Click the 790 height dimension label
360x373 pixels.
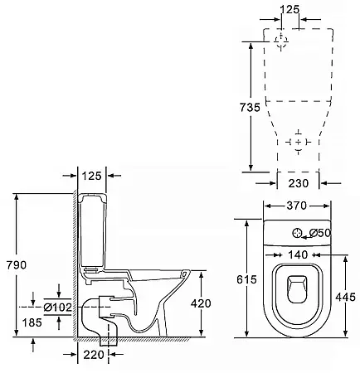(17, 265)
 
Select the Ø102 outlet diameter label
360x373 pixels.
(58, 308)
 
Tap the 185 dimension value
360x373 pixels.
(32, 322)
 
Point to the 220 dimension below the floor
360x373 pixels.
(94, 355)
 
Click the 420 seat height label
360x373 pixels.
(201, 303)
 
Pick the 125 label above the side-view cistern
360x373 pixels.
(92, 176)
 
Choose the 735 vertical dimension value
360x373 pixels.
(250, 107)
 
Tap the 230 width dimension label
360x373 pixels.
(299, 183)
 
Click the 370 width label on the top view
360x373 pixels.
(297, 206)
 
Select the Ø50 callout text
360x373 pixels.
(320, 233)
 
